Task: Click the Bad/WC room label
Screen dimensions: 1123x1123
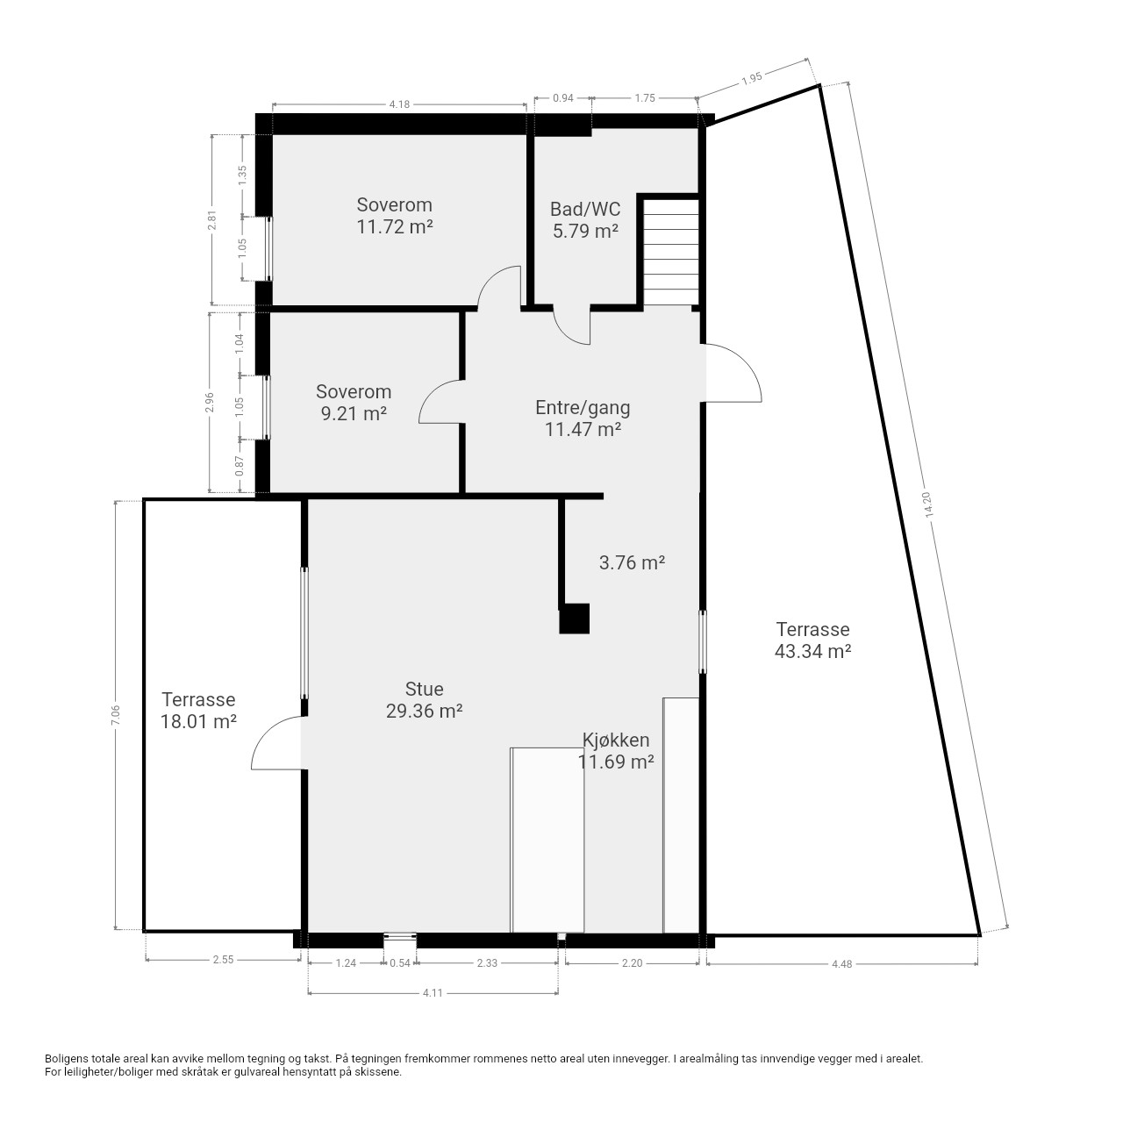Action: tap(585, 209)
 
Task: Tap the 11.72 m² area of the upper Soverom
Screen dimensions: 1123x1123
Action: tap(395, 226)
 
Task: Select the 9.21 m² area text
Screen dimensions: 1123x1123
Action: tap(354, 413)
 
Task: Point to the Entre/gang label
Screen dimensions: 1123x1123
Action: tap(583, 407)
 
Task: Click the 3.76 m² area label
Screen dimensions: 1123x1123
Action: tap(633, 562)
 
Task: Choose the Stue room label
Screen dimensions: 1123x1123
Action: tap(425, 689)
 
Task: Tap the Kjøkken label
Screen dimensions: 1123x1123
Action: tap(616, 740)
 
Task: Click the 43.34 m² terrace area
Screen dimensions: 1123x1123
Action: tap(813, 651)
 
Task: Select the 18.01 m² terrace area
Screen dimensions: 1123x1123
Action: tap(199, 721)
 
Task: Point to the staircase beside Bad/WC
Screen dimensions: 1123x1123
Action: tap(671, 253)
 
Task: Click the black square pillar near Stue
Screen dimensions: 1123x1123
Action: tap(574, 619)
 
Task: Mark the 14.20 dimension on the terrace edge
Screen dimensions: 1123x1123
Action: tap(928, 504)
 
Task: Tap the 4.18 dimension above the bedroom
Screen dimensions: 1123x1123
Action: tap(399, 104)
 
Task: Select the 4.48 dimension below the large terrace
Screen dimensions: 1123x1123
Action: tap(841, 964)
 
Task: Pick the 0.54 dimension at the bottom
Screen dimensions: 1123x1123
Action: tap(400, 962)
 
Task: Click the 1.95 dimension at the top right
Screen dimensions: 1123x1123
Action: tap(752, 79)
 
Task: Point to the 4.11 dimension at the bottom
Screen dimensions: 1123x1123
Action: tap(433, 992)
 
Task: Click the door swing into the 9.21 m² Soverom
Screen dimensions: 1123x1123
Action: tap(441, 402)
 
